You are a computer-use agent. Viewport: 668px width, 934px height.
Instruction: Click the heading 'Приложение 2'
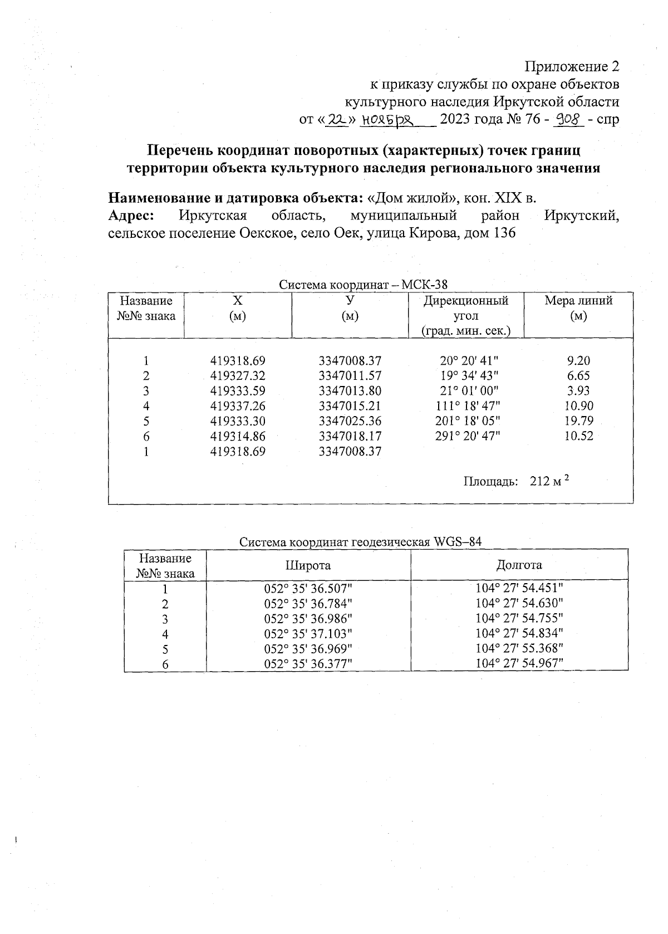point(572,67)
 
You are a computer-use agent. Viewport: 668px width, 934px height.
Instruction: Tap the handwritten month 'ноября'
point(387,119)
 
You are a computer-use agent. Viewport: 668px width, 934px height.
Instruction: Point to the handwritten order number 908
point(568,119)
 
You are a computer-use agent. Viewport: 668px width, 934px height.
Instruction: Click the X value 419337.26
point(238,406)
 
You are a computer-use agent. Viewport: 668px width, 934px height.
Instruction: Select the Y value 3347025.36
point(350,421)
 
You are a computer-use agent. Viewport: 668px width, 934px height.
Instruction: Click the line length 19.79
point(578,421)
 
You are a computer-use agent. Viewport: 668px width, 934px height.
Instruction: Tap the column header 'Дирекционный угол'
point(466,309)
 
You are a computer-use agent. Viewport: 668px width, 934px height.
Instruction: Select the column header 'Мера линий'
point(578,301)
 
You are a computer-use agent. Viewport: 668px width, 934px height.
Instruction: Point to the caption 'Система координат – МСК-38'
point(363,285)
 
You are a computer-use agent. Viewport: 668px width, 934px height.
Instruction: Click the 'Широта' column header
point(308,565)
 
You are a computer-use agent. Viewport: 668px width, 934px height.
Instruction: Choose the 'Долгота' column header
point(519,565)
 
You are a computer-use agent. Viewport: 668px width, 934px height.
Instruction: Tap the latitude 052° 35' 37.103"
point(308,634)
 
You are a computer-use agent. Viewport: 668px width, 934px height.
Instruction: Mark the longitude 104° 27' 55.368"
point(519,649)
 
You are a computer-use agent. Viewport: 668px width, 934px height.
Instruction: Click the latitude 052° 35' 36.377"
point(308,664)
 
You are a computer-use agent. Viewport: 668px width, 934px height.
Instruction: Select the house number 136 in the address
point(504,233)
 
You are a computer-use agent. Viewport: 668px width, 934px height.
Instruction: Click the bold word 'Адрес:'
point(131,216)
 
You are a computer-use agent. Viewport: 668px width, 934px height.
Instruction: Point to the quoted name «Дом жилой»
point(407,198)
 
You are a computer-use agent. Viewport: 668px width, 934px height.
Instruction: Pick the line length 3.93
point(578,391)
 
